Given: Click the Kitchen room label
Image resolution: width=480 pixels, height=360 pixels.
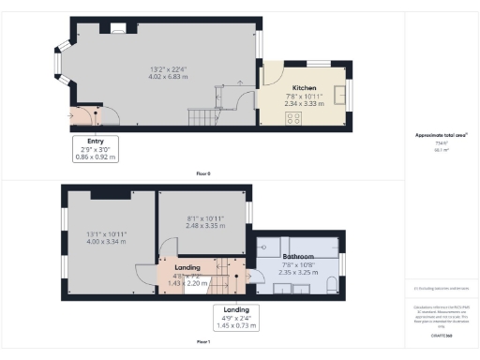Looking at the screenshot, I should click(302, 86).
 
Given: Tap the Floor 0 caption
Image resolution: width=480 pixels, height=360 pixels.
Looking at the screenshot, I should click(202, 174).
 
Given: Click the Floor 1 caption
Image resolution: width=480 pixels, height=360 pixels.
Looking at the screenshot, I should click(202, 341).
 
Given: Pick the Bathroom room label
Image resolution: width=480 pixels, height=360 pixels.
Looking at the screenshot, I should click(297, 255).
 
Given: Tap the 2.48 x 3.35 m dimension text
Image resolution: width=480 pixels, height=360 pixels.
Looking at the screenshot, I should click(203, 225).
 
